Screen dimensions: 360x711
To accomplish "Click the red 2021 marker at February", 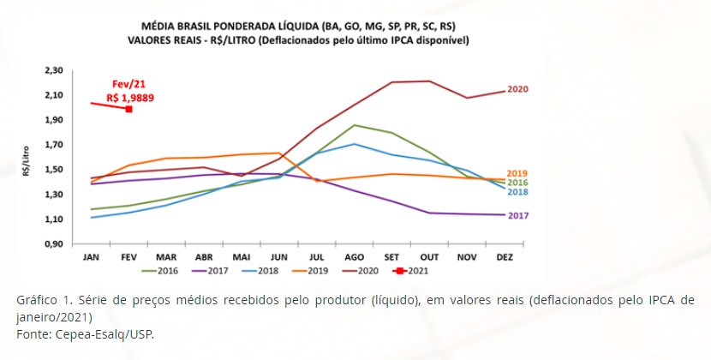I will click(128, 109).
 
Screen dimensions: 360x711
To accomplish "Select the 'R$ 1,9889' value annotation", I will click(130, 98).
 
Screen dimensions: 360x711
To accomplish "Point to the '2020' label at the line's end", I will click(517, 89).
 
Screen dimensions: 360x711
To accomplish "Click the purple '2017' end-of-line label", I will click(517, 215).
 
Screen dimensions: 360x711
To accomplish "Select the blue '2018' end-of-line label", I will click(517, 192).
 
